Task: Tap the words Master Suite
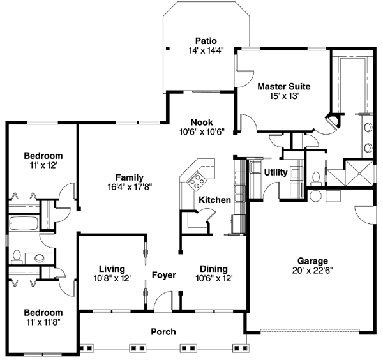click(x=283, y=86)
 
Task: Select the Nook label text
click(x=202, y=122)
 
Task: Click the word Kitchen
click(x=214, y=200)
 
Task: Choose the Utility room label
click(x=276, y=172)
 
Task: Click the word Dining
click(x=214, y=269)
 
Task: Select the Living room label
click(x=112, y=269)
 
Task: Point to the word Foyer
click(x=163, y=276)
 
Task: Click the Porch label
click(x=163, y=332)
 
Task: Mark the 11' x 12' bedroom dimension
click(x=43, y=165)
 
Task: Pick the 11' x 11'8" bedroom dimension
click(x=43, y=322)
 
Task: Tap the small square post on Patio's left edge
click(x=168, y=49)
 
